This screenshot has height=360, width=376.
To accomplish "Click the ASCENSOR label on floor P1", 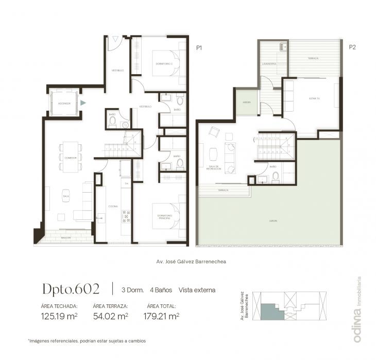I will pyautogui.click(x=64, y=104).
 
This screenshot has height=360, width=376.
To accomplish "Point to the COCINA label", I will pyautogui.click(x=113, y=207).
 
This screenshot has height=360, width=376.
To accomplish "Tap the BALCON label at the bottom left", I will pyautogui.click(x=65, y=238).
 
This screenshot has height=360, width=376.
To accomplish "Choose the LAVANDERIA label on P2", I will pyautogui.click(x=270, y=64).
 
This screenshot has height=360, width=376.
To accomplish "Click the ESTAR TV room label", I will pyautogui.click(x=314, y=98).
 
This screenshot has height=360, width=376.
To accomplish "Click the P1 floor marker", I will pyautogui.click(x=199, y=47).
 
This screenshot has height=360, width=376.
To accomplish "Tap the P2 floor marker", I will pyautogui.click(x=353, y=47).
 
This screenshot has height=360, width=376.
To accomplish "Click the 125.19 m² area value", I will pyautogui.click(x=59, y=316).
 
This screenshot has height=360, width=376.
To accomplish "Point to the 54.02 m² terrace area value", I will pyautogui.click(x=110, y=316).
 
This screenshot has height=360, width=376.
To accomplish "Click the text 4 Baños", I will pyautogui.click(x=161, y=290).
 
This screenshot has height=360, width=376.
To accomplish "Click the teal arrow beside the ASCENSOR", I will pyautogui.click(x=83, y=103).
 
